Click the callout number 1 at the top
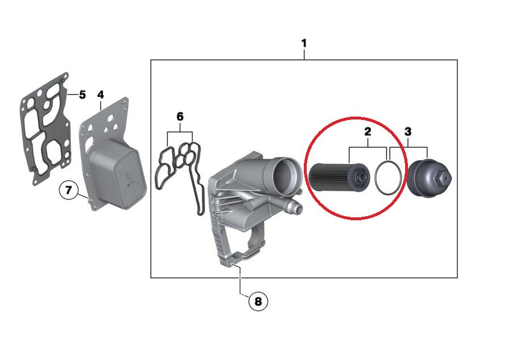pyautogui.click(x=304, y=44)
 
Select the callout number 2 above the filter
pyautogui.click(x=367, y=132)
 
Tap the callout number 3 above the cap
pyautogui.click(x=408, y=132)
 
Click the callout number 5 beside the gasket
pyautogui.click(x=82, y=95)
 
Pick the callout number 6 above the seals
pyautogui.click(x=180, y=117)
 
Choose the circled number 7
pyautogui.click(x=69, y=190)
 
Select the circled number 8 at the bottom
pyautogui.click(x=258, y=302)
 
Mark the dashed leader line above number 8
pyautogui.click(x=242, y=283)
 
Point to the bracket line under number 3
pyautogui.click(x=408, y=147)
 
